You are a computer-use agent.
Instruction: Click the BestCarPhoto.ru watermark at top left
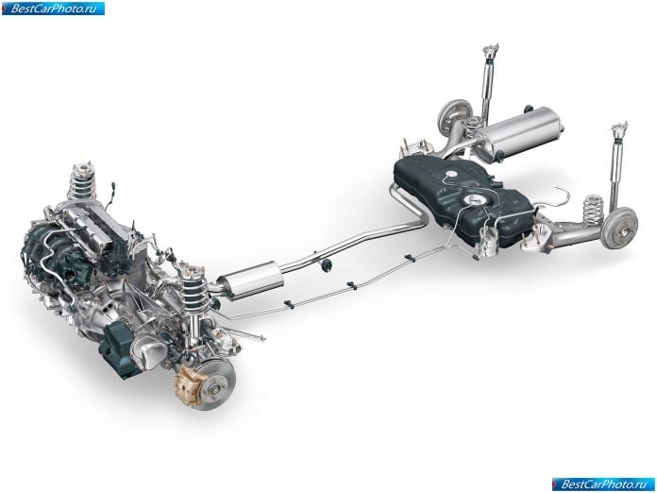pos(53,8)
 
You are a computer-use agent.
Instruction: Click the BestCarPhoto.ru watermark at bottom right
pos(603,484)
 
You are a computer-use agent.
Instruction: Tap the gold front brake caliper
pos(187,384)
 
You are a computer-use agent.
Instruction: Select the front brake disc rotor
pos(214,384)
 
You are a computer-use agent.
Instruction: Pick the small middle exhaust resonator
pos(250,280)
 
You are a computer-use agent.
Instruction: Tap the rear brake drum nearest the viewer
pos(619,228)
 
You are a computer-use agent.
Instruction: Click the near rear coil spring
pos(594,209)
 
